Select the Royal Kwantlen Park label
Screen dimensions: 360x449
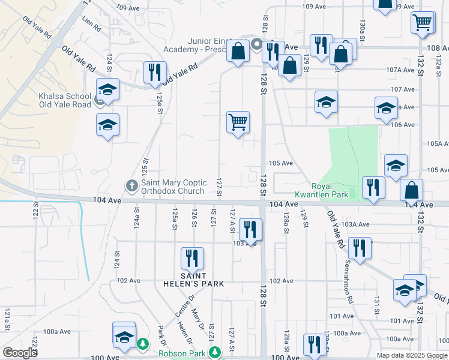click(x=321, y=190)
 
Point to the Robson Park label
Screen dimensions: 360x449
click(x=182, y=353)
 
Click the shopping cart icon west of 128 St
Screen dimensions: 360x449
click(x=238, y=123)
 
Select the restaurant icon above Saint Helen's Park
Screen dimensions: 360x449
click(x=192, y=259)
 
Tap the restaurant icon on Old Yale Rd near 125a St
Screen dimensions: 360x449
click(x=155, y=73)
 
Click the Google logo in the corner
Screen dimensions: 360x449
click(x=19, y=353)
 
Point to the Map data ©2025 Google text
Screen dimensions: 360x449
click(x=412, y=355)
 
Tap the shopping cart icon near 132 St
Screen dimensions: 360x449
click(x=423, y=23)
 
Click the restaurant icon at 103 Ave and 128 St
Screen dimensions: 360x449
click(x=250, y=229)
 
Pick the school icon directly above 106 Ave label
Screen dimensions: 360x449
click(x=386, y=107)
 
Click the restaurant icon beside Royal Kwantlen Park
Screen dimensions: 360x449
click(x=373, y=187)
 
